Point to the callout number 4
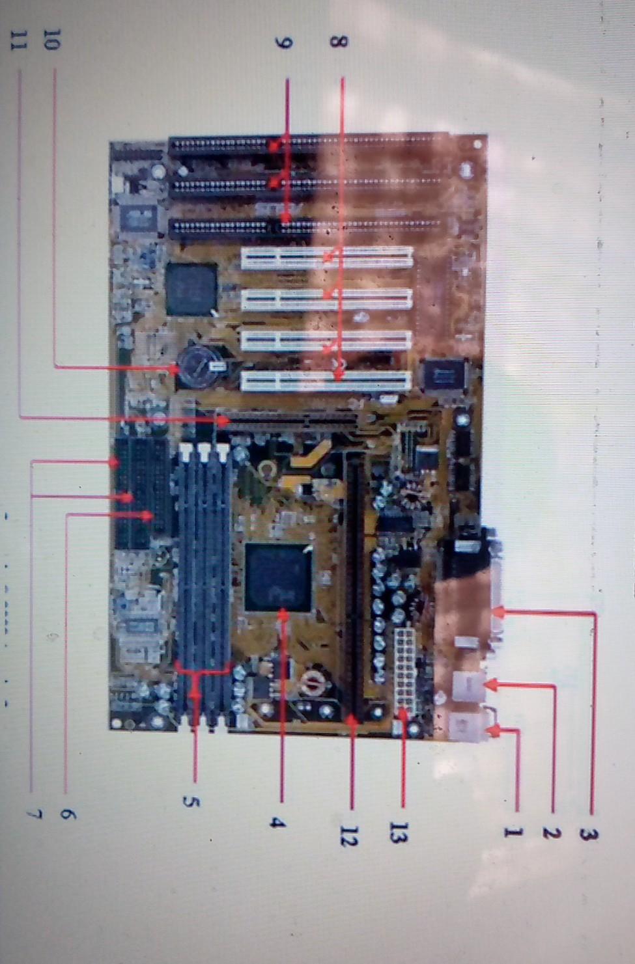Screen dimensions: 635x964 coord(278,823)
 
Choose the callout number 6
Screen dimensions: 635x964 coord(68,814)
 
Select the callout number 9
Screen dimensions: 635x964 coord(284,43)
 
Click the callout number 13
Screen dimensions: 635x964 coord(398,833)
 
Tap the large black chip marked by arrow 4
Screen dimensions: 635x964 coord(278,577)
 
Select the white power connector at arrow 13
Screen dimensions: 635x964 coord(404,670)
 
